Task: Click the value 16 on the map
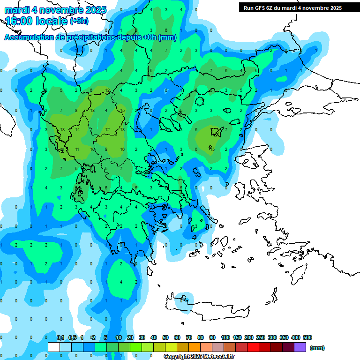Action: [x=122, y=149]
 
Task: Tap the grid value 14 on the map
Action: [x=77, y=129]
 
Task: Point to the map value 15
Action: [x=122, y=111]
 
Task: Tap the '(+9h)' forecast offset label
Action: [x=79, y=21]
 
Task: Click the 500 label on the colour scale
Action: [x=307, y=337]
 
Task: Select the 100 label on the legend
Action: [x=225, y=337]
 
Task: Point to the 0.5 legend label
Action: [x=73, y=337]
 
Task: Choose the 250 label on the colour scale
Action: [x=261, y=337]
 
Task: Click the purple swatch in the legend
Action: [x=300, y=347]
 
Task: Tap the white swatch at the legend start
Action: [x=54, y=347]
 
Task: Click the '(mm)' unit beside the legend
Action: [x=317, y=348]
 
